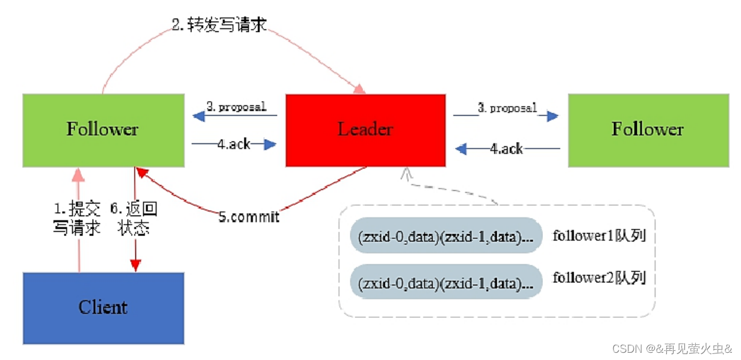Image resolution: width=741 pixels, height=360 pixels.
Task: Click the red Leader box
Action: (x=365, y=130)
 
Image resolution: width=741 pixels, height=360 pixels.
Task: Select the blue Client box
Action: (x=104, y=308)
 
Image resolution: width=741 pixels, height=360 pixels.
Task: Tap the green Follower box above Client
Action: (x=104, y=130)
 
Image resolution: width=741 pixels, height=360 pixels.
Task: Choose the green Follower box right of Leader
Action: (x=648, y=130)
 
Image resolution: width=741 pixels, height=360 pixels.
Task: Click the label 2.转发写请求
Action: (x=219, y=25)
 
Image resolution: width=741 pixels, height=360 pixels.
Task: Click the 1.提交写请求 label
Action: (x=77, y=219)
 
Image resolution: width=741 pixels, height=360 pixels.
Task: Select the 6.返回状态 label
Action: (x=134, y=219)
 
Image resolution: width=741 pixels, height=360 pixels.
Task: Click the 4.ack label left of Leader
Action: (x=234, y=144)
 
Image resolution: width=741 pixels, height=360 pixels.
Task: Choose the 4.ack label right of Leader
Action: (x=506, y=148)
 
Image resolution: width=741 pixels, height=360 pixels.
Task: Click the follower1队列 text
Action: (x=599, y=235)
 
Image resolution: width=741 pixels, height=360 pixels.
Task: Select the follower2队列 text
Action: (x=599, y=278)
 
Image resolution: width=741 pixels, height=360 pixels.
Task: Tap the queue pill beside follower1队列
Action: (x=446, y=237)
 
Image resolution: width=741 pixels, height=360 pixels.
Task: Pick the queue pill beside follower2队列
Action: (x=446, y=282)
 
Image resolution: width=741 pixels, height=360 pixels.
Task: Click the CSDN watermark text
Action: (x=672, y=349)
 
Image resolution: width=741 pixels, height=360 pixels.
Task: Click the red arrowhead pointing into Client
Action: (x=135, y=265)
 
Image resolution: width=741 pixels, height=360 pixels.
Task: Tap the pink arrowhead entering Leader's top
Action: (x=359, y=89)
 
